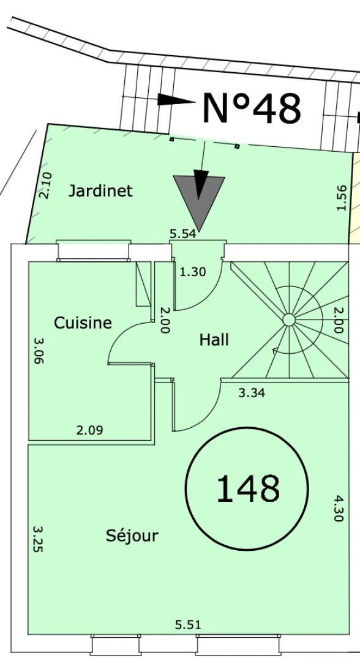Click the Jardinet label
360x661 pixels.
coord(100,191)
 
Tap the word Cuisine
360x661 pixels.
coord(83,323)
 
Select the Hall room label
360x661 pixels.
coord(214,340)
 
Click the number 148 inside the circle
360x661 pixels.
coord(247,488)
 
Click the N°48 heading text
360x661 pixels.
coord(252,108)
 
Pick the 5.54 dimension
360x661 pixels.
coord(183,234)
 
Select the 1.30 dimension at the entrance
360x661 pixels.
coord(193,272)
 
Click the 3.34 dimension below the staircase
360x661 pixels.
coord(252,393)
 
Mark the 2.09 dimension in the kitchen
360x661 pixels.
coord(90,430)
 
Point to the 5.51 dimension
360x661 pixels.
coord(188,624)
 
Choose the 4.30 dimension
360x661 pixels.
coord(339,508)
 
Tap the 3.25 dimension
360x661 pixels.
coord(38,539)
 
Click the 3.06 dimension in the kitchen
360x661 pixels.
coord(38,350)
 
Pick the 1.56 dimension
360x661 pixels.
coord(342,198)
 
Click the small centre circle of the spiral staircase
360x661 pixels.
coord(289,320)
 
